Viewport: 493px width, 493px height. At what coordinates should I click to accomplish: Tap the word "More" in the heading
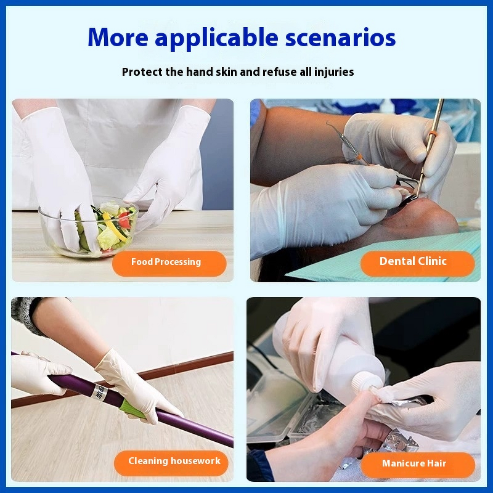point(118,38)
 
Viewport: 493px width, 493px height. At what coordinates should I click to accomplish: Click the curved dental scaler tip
point(333,127)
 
